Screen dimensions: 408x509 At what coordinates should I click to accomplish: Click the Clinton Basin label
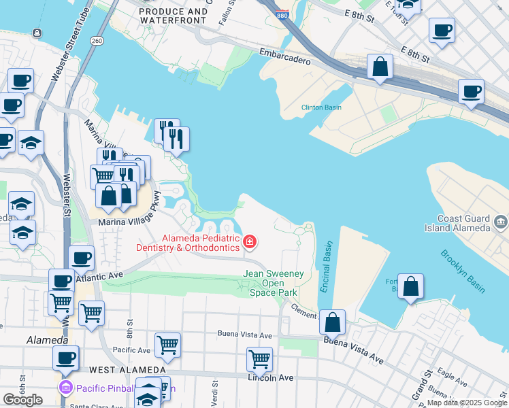point(321,107)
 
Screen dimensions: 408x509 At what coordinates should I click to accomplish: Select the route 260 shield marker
point(98,40)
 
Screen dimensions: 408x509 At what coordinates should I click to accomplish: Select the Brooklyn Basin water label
point(462,271)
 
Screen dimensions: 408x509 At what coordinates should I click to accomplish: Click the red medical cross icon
point(250,241)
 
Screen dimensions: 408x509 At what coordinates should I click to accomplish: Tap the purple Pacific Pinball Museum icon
point(65,388)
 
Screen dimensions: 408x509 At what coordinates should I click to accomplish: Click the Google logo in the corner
point(22,400)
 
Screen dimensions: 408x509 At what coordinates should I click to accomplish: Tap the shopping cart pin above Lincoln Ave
point(259,359)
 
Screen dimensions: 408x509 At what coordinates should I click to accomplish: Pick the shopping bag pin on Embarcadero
point(380,67)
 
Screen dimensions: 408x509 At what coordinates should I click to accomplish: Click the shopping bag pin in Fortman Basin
point(411,286)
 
